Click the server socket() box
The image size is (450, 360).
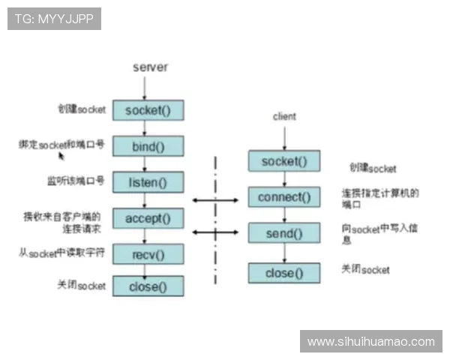coord(148,110)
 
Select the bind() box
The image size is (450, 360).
coord(148,145)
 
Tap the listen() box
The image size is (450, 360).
coord(148,181)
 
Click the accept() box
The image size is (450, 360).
coord(148,218)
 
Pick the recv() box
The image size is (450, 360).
coord(148,254)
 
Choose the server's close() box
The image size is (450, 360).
coord(148,286)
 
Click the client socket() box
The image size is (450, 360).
coord(284,161)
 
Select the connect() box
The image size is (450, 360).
coord(284,197)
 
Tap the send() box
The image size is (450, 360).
coord(284,233)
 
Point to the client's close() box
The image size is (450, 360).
coord(284,273)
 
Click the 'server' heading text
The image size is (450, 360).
coord(150,67)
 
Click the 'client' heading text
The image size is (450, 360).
coord(284,116)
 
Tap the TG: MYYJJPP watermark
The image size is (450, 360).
coord(54,18)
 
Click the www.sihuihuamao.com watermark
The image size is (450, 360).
coord(370,341)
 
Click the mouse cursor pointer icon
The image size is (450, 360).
coord(61,155)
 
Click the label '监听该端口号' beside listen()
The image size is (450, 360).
coord(74,181)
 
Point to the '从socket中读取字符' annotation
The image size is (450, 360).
coord(61,253)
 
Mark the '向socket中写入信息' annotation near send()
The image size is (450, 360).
coord(379,233)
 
